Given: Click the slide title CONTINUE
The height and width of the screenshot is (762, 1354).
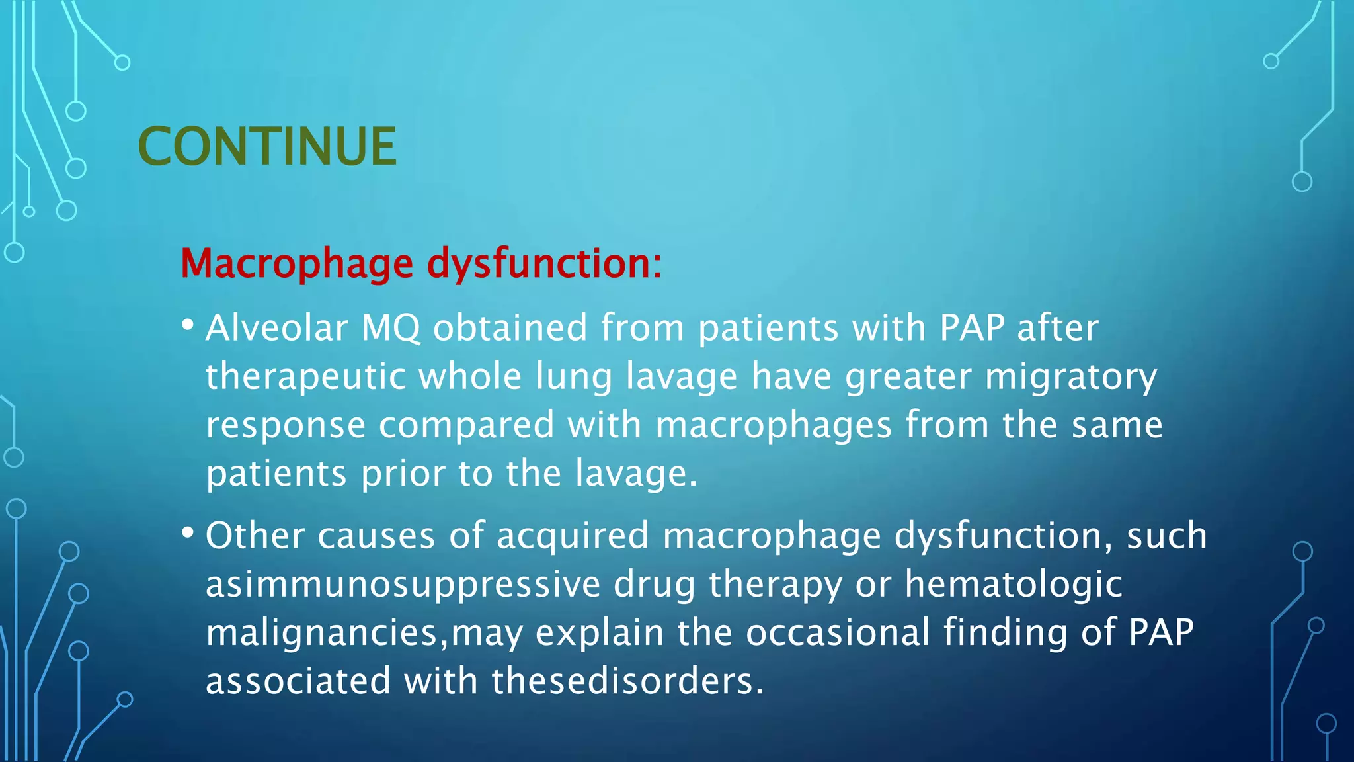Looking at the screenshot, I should pyautogui.click(x=267, y=146).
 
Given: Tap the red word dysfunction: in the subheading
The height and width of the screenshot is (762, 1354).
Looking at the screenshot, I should pyautogui.click(x=544, y=264).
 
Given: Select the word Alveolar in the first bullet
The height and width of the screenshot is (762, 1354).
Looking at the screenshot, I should pyautogui.click(x=276, y=328).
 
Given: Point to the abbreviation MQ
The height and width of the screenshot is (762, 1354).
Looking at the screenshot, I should pyautogui.click(x=390, y=328).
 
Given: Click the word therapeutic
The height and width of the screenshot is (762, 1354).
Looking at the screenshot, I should pyautogui.click(x=305, y=377).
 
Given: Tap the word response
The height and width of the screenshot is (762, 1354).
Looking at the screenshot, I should pyautogui.click(x=286, y=425).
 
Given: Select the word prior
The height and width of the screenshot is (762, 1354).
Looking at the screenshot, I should pyautogui.click(x=403, y=474).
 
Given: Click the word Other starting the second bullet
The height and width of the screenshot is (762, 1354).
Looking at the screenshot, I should pyautogui.click(x=255, y=536).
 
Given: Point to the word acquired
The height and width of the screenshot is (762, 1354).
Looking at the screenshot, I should pyautogui.click(x=573, y=536).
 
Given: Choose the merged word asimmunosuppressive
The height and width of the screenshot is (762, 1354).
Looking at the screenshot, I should pyautogui.click(x=403, y=585).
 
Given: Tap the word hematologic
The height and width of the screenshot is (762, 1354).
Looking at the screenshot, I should pyautogui.click(x=1013, y=585).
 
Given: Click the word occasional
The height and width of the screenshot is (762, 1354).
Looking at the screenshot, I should pyautogui.click(x=838, y=633).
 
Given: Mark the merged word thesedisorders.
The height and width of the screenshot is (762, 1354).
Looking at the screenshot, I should pyautogui.click(x=627, y=681).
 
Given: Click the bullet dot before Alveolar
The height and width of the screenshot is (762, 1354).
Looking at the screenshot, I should pyautogui.click(x=188, y=325).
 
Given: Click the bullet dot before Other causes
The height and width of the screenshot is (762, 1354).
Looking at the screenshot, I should pyautogui.click(x=188, y=532).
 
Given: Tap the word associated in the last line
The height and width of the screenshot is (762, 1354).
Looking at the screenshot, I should pyautogui.click(x=298, y=681).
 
